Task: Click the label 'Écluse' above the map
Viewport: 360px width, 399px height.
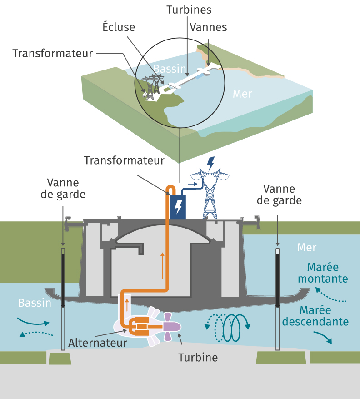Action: (x=119, y=27)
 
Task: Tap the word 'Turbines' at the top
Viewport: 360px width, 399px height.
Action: (x=189, y=9)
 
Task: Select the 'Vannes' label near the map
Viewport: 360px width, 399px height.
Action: (x=209, y=27)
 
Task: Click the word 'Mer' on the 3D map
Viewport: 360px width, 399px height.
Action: (x=242, y=94)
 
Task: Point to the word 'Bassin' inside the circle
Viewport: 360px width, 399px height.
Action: (x=170, y=69)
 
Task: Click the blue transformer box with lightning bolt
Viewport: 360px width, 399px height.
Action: (x=178, y=206)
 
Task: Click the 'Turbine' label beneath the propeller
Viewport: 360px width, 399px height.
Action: (x=198, y=357)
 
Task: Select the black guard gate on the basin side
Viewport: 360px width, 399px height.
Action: (x=63, y=277)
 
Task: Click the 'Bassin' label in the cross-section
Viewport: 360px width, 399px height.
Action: (x=35, y=303)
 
